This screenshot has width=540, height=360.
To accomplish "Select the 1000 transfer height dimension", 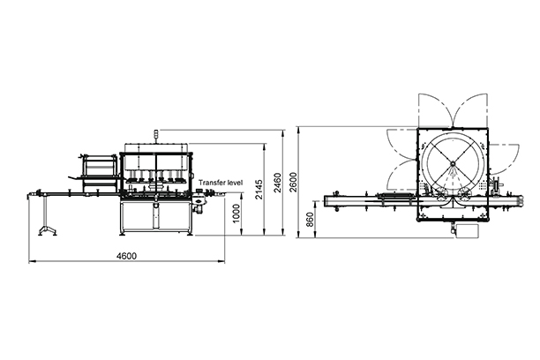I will pos(236,215).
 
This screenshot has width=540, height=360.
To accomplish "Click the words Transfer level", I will pos(221,182).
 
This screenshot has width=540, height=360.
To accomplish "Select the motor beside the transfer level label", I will pos(200,206).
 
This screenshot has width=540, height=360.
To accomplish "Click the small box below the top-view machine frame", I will pos(463,231).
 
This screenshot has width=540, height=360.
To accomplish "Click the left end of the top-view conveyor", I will pos(328,202).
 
